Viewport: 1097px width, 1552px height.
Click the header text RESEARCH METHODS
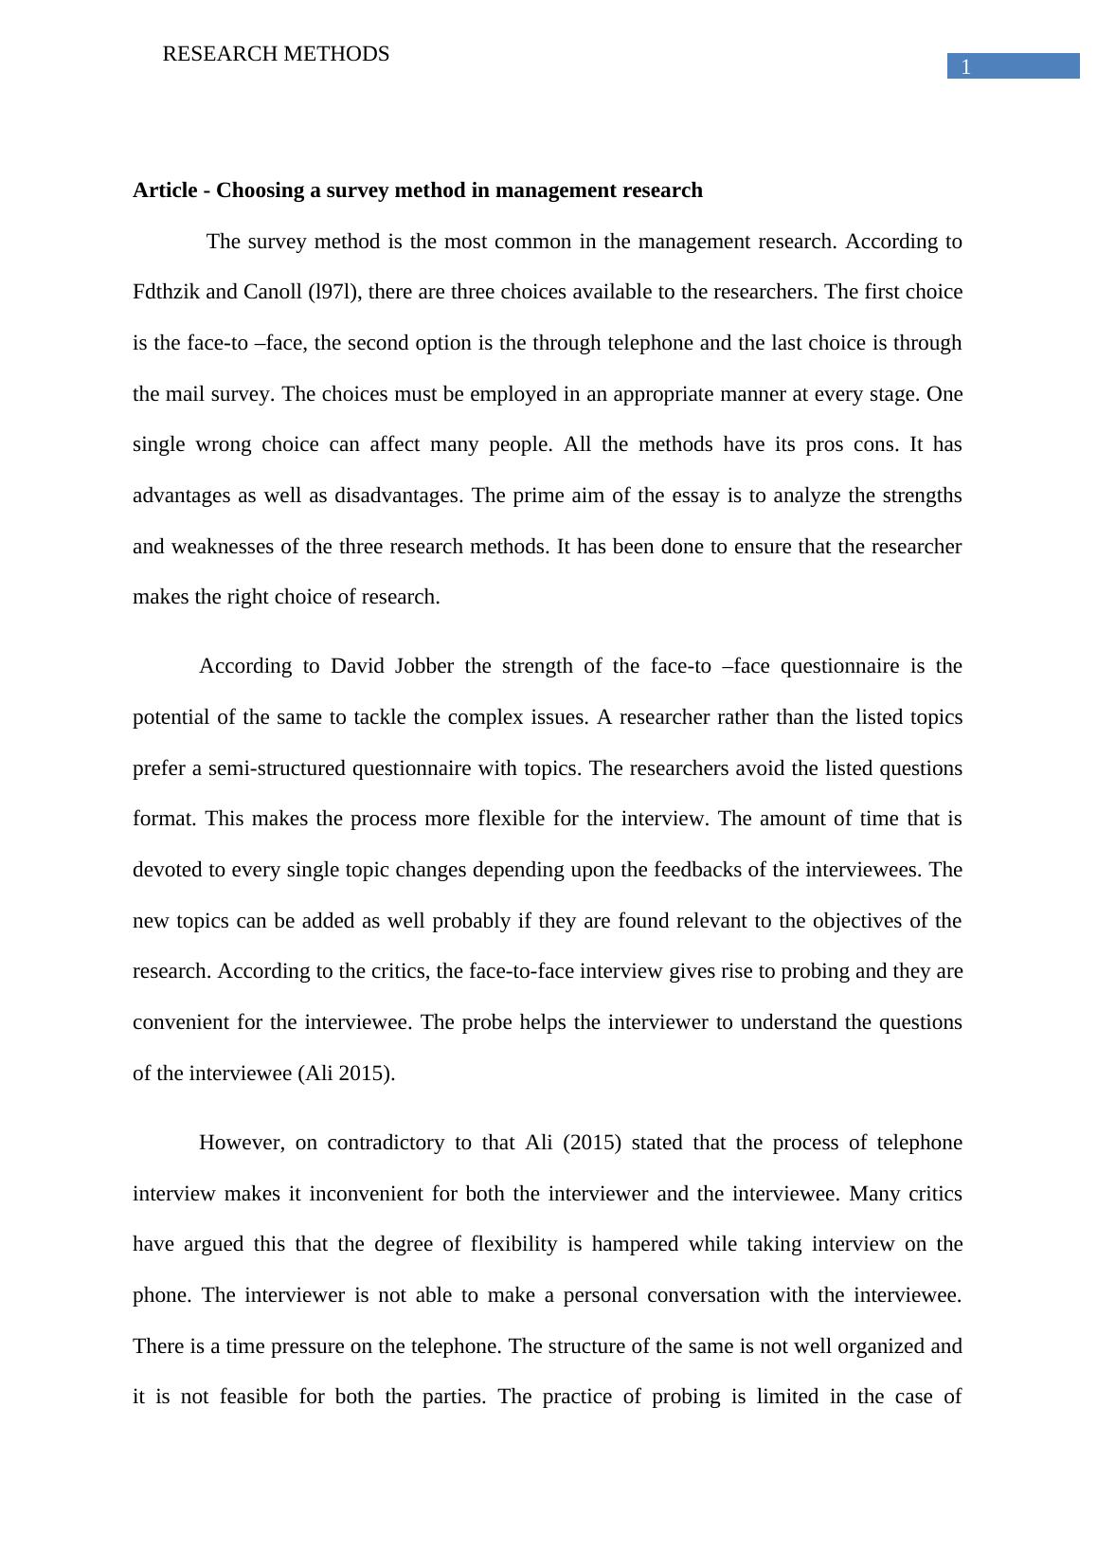[276, 54]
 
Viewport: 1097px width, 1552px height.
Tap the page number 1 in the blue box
[966, 66]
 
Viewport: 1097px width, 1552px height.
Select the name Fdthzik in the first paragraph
[167, 292]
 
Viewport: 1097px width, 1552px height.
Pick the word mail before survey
[187, 394]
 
